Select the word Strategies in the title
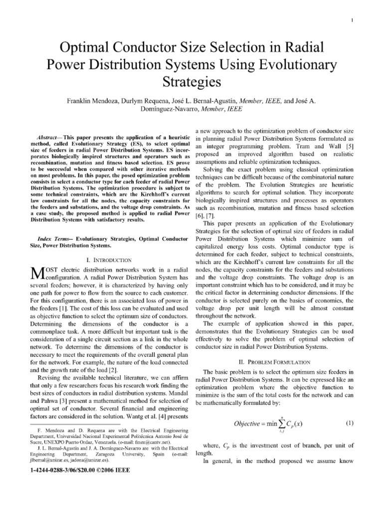pos(191,81)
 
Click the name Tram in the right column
pos(297,145)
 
